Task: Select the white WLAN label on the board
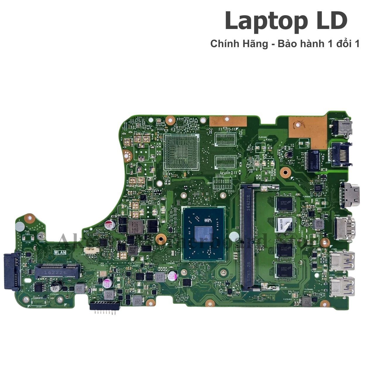[x=60, y=252]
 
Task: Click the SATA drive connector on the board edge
[x=12, y=271]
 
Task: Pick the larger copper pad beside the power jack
[x=307, y=130]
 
